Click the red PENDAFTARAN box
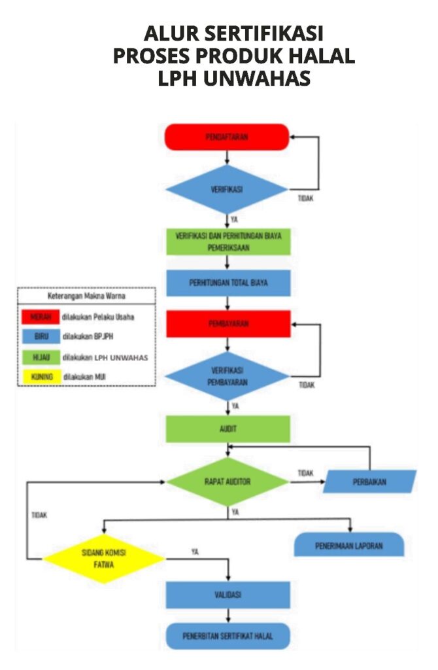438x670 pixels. [226, 137]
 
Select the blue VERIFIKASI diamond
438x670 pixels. [226, 189]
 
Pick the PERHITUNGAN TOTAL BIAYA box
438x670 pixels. [227, 283]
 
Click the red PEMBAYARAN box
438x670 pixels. [227, 324]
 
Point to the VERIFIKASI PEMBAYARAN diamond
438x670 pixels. [227, 376]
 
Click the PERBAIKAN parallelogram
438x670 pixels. [370, 482]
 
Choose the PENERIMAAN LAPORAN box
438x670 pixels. [348, 544]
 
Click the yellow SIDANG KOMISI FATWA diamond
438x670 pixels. [103, 558]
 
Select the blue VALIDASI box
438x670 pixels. [227, 595]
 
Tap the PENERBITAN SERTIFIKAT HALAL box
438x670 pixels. [227, 635]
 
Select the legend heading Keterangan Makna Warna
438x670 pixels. [86, 296]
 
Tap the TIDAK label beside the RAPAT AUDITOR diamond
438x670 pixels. [305, 472]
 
